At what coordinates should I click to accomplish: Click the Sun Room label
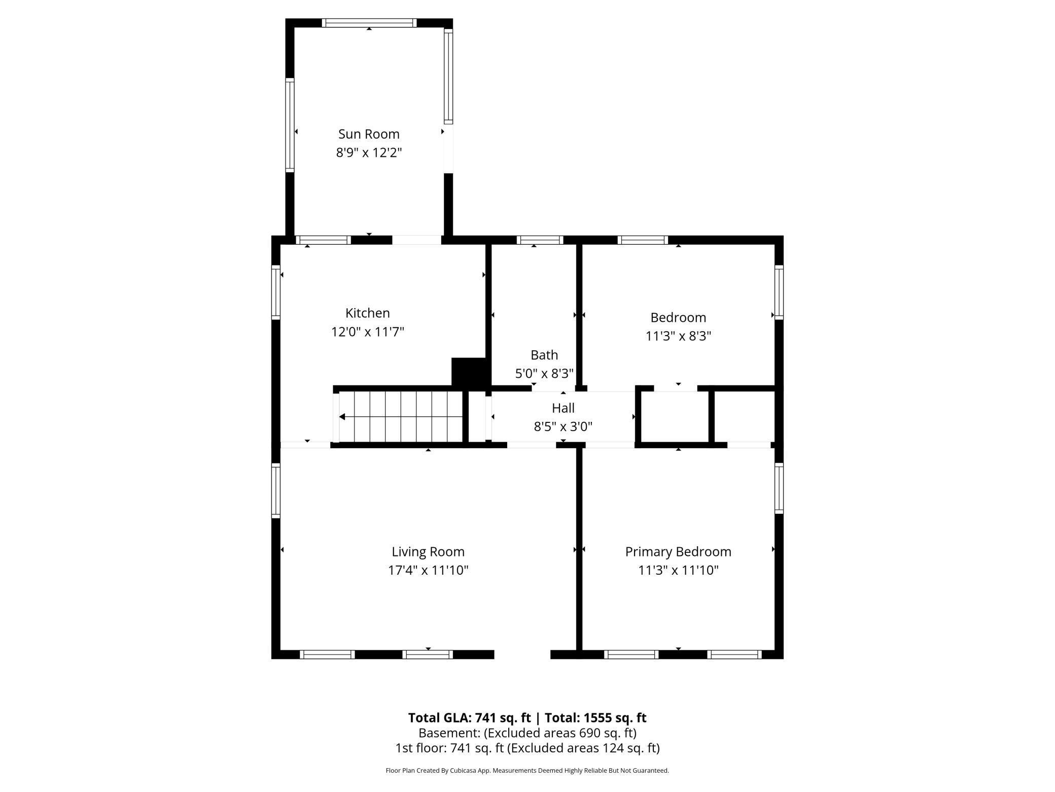tap(369, 134)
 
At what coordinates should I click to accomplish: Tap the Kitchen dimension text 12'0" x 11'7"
tap(367, 332)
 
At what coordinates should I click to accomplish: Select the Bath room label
tap(544, 355)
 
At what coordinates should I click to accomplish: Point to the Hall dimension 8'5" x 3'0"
tap(563, 426)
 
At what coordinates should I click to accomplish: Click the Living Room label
tap(428, 551)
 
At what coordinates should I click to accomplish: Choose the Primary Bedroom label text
tap(678, 551)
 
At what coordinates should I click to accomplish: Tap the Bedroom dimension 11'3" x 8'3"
tap(678, 336)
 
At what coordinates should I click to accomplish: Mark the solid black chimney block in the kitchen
tap(469, 372)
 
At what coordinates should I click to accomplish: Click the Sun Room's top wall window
tap(369, 23)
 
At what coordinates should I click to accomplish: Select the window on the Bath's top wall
tap(540, 240)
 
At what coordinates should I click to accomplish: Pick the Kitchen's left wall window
tap(276, 292)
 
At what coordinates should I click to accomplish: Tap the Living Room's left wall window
tap(276, 490)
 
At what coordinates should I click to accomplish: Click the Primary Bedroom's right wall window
tap(779, 488)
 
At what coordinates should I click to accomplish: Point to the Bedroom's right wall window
tap(779, 292)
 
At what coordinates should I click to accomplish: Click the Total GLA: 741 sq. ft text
tap(469, 717)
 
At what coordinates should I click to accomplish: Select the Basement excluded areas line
tap(527, 733)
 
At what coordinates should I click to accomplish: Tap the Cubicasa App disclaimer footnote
tap(527, 770)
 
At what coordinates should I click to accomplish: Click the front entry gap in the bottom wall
tap(522, 654)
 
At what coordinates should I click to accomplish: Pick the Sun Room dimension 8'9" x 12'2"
tap(369, 153)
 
